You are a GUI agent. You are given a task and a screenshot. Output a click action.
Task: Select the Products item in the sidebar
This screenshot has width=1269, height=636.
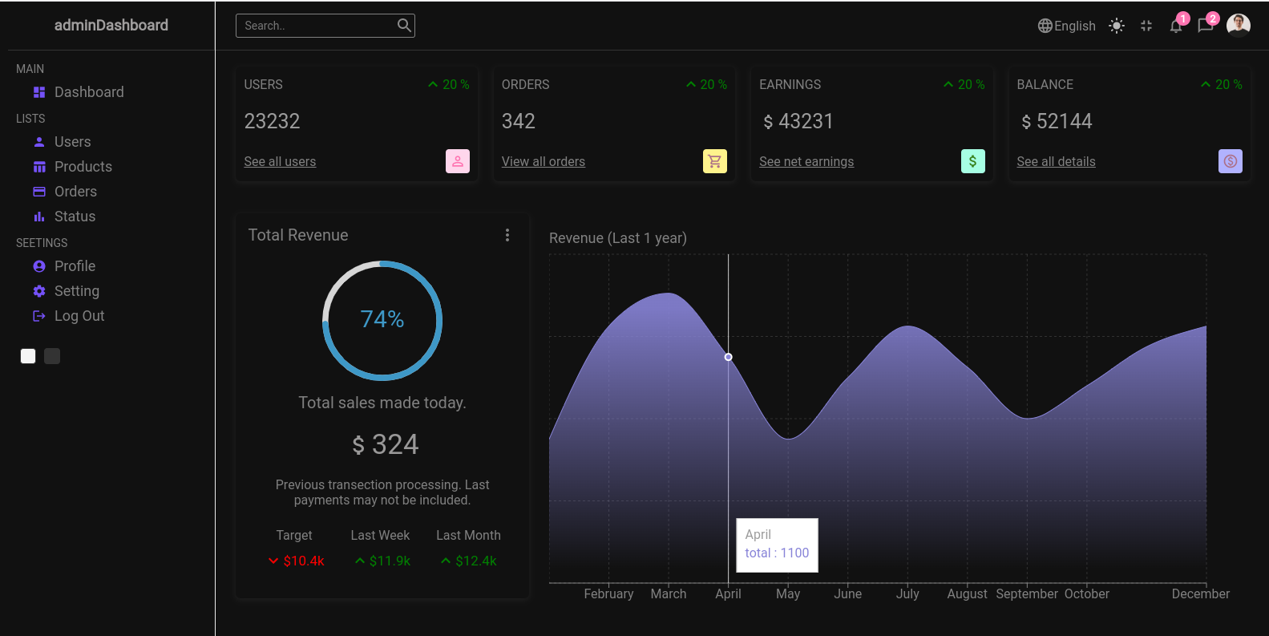(83, 167)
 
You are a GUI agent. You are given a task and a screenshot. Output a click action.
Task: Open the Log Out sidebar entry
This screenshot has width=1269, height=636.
(79, 316)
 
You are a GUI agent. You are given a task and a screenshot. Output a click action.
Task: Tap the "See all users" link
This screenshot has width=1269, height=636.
(280, 162)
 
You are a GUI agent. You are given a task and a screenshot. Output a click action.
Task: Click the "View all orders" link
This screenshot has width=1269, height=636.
(543, 162)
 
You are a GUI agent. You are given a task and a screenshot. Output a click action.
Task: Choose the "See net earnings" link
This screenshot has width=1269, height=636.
(806, 162)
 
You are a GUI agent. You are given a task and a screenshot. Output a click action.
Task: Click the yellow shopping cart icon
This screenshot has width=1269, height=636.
(714, 161)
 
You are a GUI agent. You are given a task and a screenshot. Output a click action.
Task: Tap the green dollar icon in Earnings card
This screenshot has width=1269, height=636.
(972, 161)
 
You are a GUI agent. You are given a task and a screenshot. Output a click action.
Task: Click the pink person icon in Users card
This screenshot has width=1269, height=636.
(457, 161)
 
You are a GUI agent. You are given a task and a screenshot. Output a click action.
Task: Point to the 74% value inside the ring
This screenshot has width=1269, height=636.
(382, 319)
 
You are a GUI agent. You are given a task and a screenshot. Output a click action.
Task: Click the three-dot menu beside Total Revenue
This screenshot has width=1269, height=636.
(507, 235)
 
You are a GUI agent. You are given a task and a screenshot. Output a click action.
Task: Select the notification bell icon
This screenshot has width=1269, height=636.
(1175, 26)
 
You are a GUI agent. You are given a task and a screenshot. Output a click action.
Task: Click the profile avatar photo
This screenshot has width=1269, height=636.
(1238, 26)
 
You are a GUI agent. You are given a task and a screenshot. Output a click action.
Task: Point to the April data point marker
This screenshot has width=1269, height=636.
(728, 357)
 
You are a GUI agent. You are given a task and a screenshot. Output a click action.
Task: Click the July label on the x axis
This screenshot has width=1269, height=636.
(907, 594)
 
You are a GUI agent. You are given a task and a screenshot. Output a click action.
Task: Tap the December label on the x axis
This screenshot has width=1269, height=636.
(1200, 594)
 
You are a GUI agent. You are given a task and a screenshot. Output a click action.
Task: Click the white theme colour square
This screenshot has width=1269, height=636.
(28, 356)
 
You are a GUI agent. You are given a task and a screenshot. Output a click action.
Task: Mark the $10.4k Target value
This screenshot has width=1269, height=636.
(303, 561)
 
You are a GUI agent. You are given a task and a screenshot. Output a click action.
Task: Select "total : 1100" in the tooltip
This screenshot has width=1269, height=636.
(777, 553)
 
